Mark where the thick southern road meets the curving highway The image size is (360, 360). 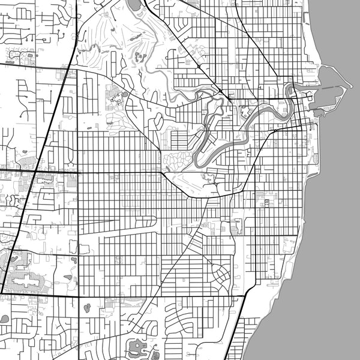(245, 295)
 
